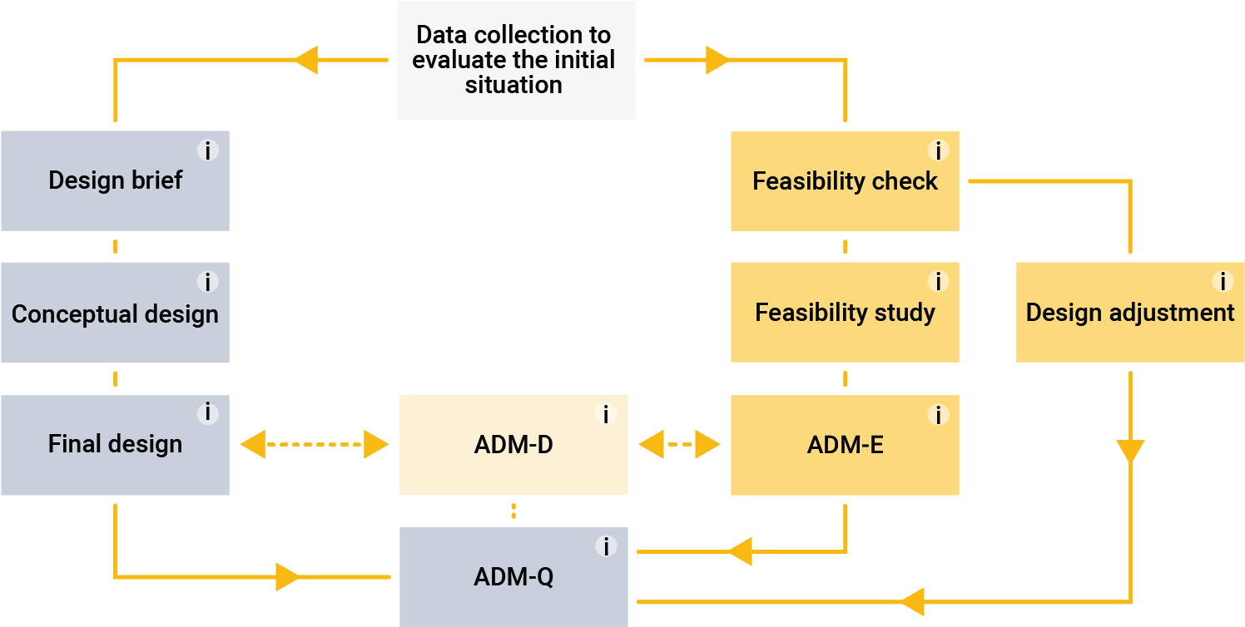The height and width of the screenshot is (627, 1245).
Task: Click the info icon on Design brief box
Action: pos(207,151)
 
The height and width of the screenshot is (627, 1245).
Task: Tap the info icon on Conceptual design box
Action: pos(207,282)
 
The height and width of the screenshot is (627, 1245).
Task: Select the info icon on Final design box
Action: pos(207,413)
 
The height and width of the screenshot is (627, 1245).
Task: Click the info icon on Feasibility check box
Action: pos(938,151)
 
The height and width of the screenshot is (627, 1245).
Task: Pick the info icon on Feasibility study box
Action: pos(938,282)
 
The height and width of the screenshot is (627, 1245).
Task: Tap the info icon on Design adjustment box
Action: pos(1223,282)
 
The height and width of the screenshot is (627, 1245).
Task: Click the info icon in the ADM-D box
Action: pos(606,414)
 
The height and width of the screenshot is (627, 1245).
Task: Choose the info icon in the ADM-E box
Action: pos(938,414)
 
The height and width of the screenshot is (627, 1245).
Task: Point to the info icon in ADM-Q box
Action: pos(606,546)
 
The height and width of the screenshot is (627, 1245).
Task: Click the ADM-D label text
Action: pos(513,445)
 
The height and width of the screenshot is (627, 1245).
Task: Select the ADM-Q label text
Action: pos(513,576)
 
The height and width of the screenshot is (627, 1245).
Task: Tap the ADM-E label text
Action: pos(845,445)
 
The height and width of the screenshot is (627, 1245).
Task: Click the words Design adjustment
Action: pos(1129,313)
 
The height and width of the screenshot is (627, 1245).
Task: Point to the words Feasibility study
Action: pos(845,313)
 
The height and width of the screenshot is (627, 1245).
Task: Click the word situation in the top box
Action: pos(513,85)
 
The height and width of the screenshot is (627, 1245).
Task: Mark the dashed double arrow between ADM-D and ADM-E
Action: pos(679,445)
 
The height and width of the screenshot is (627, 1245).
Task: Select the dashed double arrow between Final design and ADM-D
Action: pos(315,445)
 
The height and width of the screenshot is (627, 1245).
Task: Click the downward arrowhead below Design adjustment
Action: pos(1130,452)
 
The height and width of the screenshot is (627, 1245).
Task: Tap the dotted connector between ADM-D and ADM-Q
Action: pos(513,511)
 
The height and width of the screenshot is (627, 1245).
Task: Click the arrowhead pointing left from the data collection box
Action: pos(305,60)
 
